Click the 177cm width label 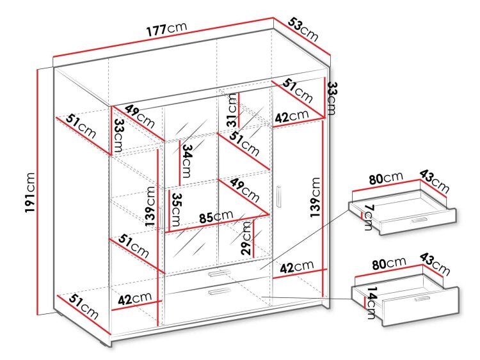click(166, 28)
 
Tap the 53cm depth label click(303, 29)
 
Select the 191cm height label click(30, 192)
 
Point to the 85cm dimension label click(216, 216)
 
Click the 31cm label click(232, 110)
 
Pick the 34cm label click(186, 161)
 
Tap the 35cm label click(176, 210)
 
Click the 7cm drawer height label click(369, 217)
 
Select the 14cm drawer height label click(371, 303)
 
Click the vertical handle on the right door click(278, 197)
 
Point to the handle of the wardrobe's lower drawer click(219, 292)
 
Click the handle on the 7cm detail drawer click(419, 220)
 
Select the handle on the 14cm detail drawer click(422, 299)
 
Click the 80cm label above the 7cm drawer click(386, 178)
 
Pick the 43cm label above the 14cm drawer click(435, 263)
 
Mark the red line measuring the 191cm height click(38, 192)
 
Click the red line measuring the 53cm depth click(303, 36)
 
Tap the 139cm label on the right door click(315, 198)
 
